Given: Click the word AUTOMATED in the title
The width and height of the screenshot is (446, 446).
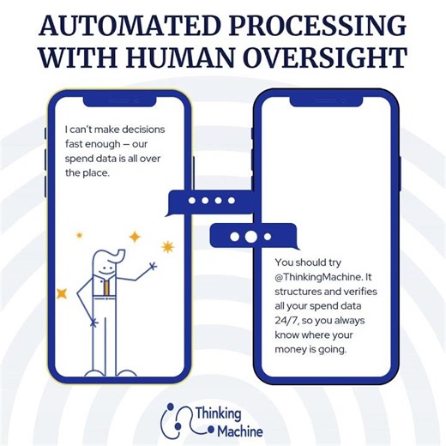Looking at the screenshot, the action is point(130,26).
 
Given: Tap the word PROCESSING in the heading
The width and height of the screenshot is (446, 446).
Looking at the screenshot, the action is point(317,26).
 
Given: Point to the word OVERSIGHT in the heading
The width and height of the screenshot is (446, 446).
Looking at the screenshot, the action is point(325,57).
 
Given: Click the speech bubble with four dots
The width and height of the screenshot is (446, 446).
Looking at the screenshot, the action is point(212,202).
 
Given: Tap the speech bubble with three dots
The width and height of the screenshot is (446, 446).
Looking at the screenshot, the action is point(251,236).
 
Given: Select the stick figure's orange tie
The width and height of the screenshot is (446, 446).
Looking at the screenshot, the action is point(106,287).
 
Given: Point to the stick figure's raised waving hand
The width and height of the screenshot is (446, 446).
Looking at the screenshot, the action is point(153,267).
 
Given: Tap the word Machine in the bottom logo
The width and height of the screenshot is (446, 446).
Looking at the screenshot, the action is point(240,431).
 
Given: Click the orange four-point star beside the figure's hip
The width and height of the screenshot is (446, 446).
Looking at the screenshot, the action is point(62,294).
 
